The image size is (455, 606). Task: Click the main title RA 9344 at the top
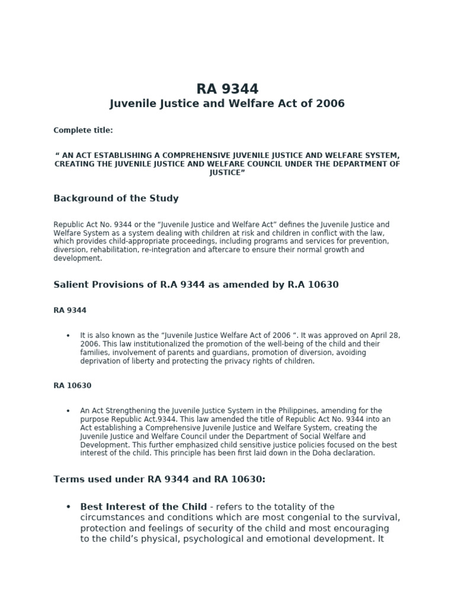tap(227, 89)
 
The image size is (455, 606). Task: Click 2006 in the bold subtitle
tap(330, 104)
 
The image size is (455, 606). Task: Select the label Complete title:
tap(83, 130)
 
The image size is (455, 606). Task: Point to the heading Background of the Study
tap(116, 199)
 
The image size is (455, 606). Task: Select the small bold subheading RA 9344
tap(70, 310)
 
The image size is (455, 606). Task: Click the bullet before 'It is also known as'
tap(68, 336)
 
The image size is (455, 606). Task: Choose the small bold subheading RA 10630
tap(72, 386)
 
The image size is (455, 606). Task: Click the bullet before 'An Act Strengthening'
tap(68, 411)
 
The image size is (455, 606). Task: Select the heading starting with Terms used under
tap(159, 479)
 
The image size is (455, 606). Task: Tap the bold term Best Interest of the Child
tap(143, 507)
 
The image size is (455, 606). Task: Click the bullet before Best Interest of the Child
tap(68, 507)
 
